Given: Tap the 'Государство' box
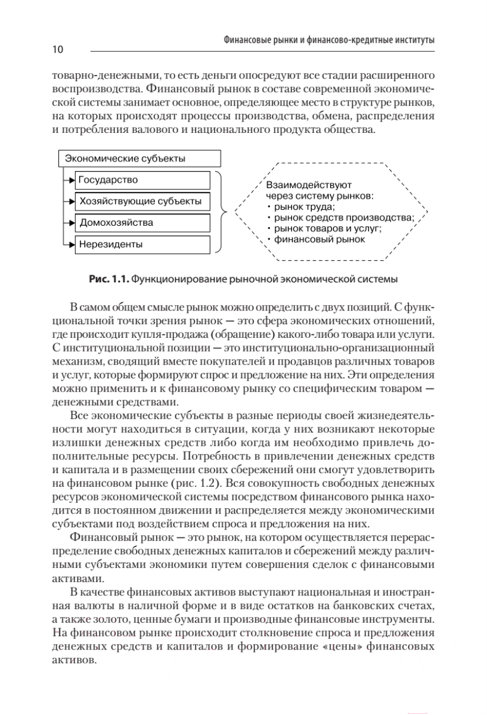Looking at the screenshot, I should click(x=142, y=179).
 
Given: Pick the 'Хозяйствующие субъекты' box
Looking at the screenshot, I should click(x=142, y=201).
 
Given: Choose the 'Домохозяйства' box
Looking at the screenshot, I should click(x=142, y=222).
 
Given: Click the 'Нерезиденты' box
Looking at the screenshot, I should click(x=142, y=244).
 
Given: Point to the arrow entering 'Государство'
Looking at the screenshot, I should click(x=69, y=179).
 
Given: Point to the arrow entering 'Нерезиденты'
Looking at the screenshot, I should click(x=69, y=244).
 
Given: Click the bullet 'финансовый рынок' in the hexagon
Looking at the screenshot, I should click(x=320, y=239).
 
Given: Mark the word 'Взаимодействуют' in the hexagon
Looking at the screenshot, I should click(x=309, y=185).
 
